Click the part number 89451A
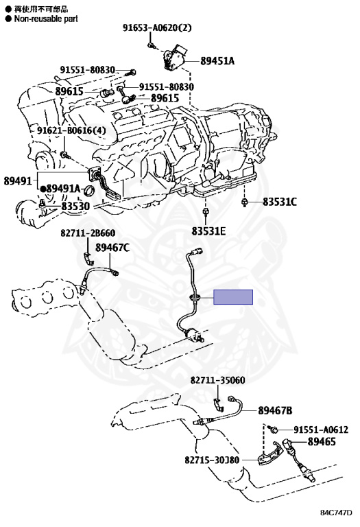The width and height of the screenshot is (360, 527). pyautogui.click(x=217, y=61)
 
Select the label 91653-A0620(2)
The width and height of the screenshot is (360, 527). pyautogui.click(x=157, y=27)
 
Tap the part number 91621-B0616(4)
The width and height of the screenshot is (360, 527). pyautogui.click(x=71, y=130)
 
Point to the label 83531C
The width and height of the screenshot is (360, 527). pyautogui.click(x=279, y=202)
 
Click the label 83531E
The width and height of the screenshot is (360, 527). pyautogui.click(x=208, y=231)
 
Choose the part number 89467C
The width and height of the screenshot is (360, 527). pyautogui.click(x=112, y=248)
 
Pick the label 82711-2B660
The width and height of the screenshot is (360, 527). pyautogui.click(x=88, y=233)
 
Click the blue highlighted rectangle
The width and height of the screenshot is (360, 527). pyautogui.click(x=233, y=297)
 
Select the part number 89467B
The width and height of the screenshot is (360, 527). pyautogui.click(x=275, y=410)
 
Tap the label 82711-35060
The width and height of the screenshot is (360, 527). pyautogui.click(x=218, y=380)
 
